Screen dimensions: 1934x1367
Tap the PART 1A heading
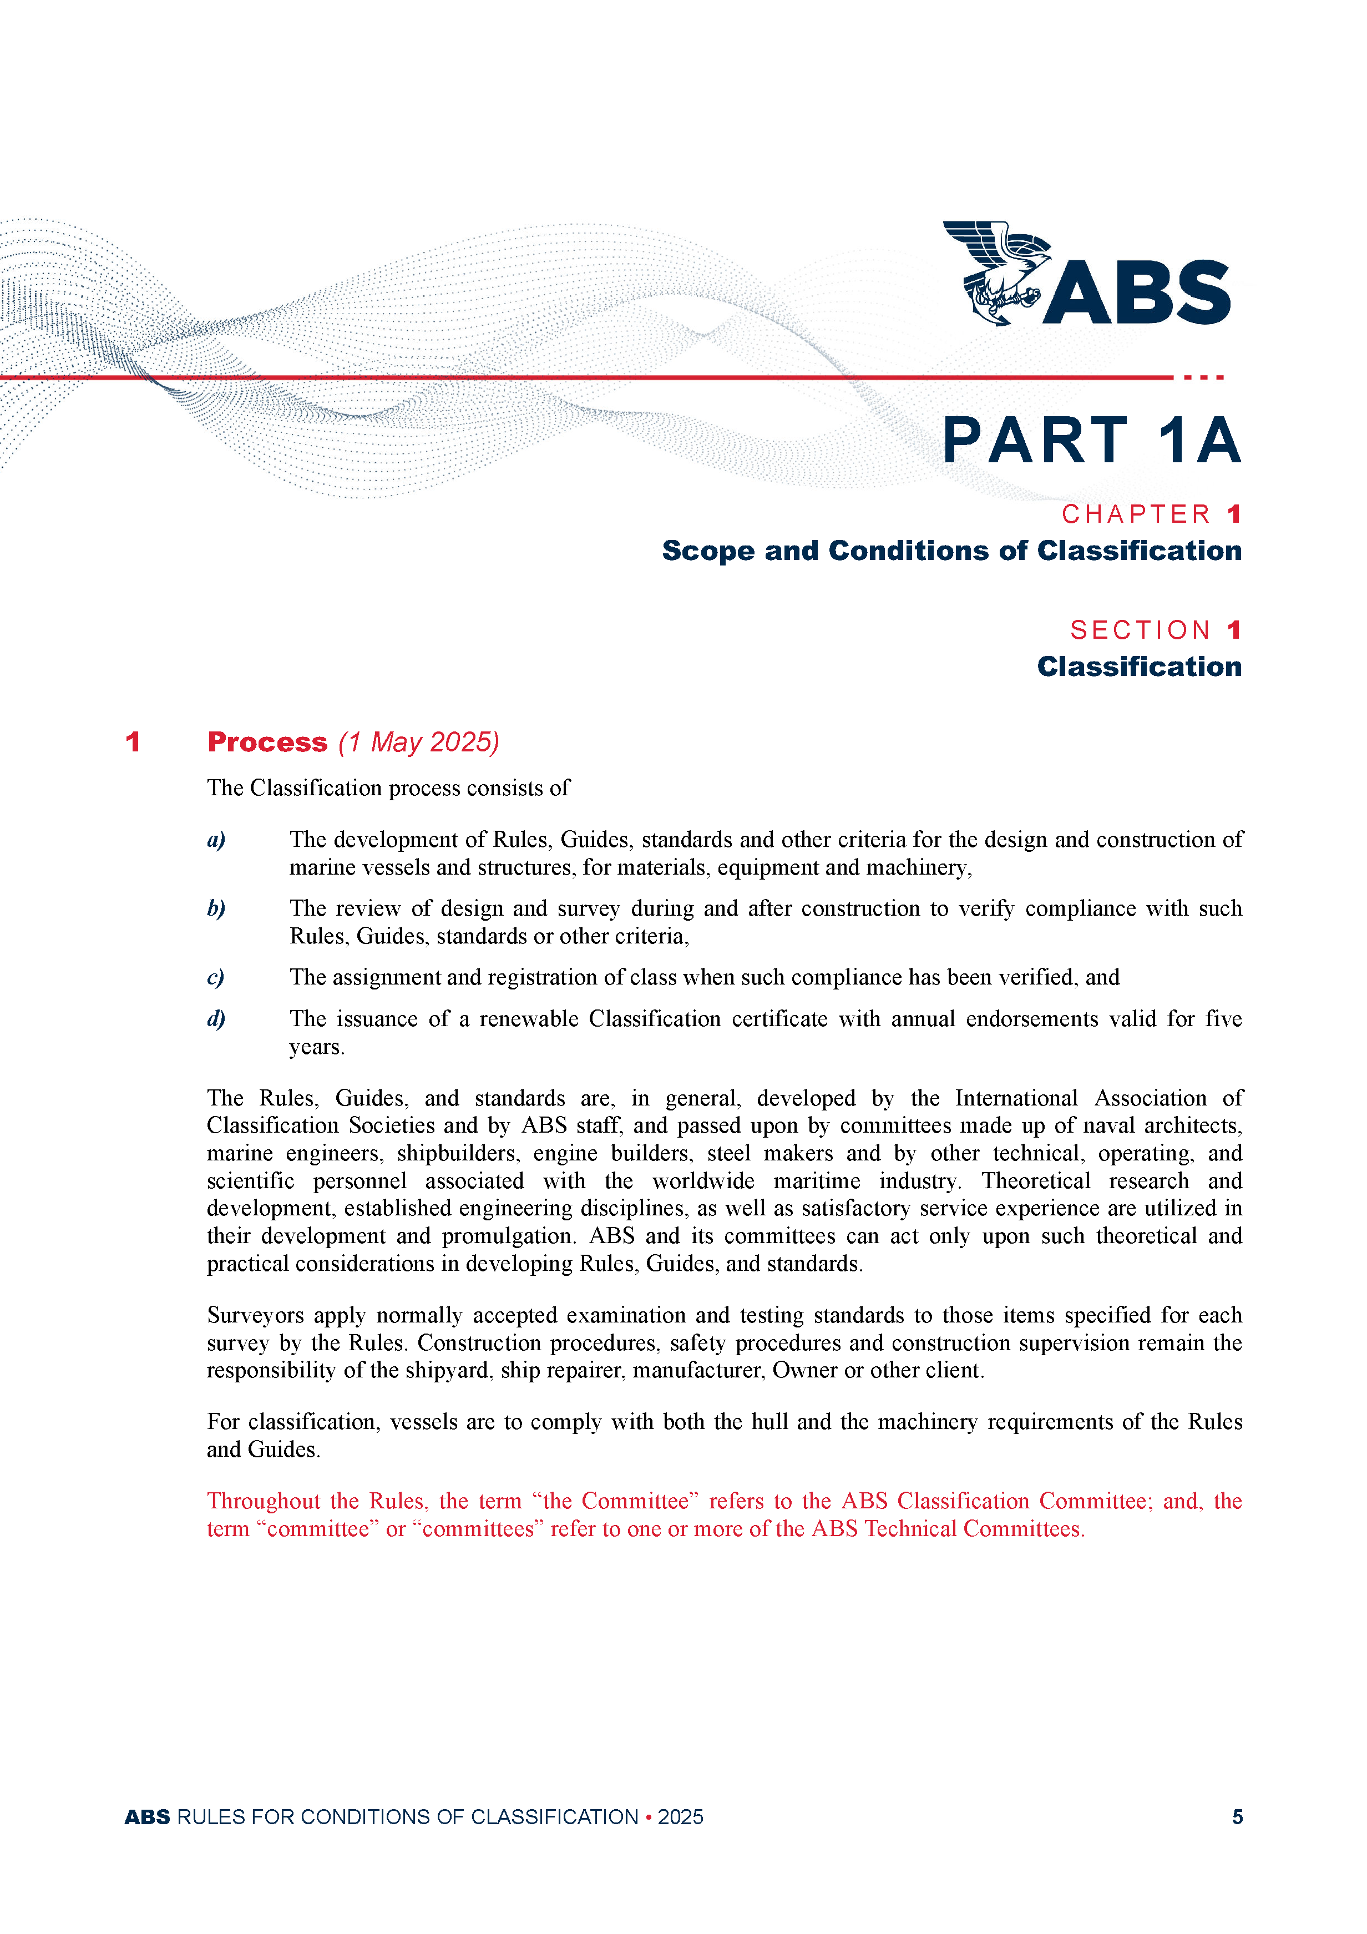pyautogui.click(x=1091, y=441)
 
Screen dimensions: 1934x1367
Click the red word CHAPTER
pyautogui.click(x=1136, y=514)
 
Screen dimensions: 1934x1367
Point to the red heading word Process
pyautogui.click(x=267, y=742)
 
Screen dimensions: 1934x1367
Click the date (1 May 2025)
pyautogui.click(x=419, y=742)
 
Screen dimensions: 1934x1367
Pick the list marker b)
pyautogui.click(x=216, y=909)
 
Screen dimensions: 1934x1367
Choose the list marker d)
pyautogui.click(x=216, y=1019)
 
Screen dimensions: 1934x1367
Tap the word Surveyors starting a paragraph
pyautogui.click(x=255, y=1316)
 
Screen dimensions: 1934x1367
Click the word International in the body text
pyautogui.click(x=1016, y=1098)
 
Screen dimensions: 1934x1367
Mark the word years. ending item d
pyautogui.click(x=317, y=1047)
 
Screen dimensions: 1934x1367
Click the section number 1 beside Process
pyautogui.click(x=132, y=742)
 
